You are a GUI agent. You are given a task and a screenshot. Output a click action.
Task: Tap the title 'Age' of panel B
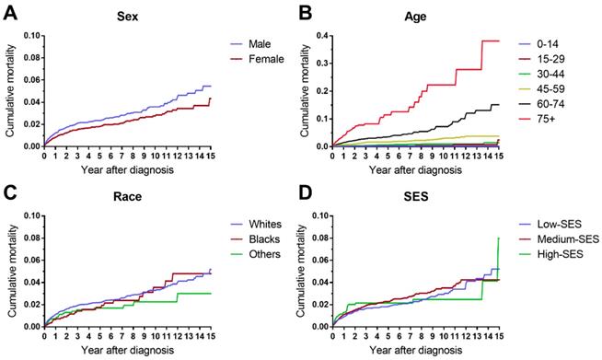point(424,17)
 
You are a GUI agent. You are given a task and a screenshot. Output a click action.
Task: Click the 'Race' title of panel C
point(128,196)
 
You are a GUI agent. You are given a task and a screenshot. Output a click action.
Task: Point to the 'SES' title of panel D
point(424,196)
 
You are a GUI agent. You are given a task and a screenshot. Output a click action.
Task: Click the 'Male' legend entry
point(270,43)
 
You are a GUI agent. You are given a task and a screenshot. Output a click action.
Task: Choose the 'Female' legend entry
point(274,58)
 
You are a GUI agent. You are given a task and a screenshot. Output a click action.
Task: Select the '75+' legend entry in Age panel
point(561,117)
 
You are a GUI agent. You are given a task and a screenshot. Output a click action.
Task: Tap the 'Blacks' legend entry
point(272,237)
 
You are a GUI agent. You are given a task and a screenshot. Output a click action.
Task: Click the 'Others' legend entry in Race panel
point(272,251)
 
